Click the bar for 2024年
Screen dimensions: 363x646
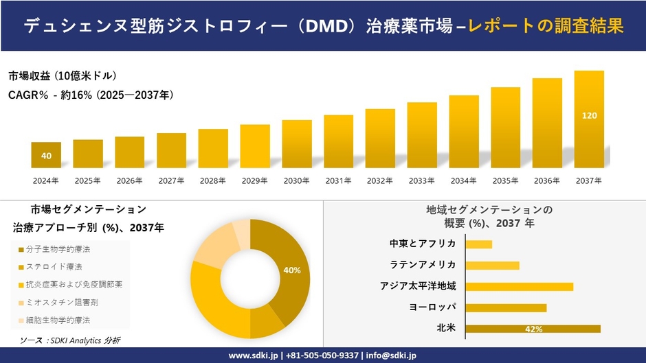pos(46,155)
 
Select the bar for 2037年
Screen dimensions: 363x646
pos(589,119)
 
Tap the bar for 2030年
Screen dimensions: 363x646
pos(297,144)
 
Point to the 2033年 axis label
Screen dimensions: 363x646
pos(422,180)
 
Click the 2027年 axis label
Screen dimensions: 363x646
pos(171,180)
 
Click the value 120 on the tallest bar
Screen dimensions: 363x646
pos(589,116)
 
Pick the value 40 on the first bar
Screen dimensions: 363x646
pos(46,156)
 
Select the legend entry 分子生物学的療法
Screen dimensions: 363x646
pos(58,248)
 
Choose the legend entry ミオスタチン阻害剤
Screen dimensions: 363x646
pos(58,302)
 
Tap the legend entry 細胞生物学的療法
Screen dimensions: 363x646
pos(58,320)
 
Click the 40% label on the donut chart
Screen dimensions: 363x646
pos(291,270)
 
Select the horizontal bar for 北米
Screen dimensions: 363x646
pos(533,329)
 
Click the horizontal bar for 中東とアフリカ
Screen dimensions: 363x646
pos(478,244)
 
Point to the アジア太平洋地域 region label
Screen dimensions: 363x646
pos(418,286)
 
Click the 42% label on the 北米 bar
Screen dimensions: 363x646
pos(533,329)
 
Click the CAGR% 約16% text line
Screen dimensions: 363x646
pos(91,95)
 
